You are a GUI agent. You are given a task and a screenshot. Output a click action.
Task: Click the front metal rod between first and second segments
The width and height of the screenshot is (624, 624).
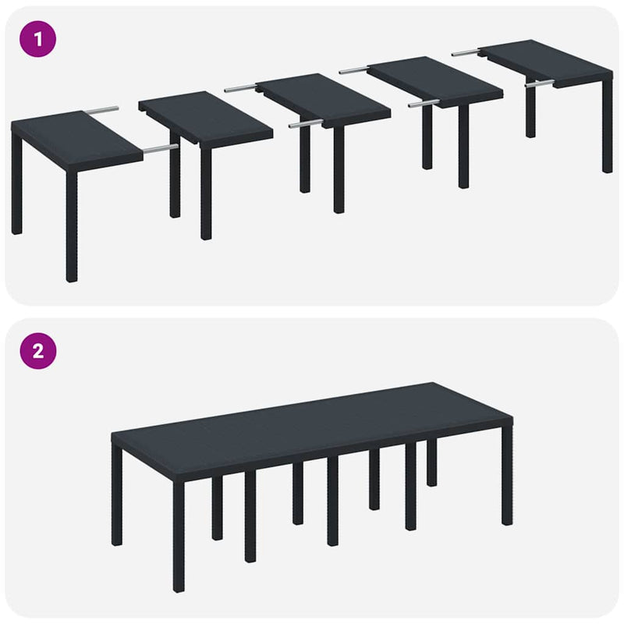pyautogui.click(x=160, y=146)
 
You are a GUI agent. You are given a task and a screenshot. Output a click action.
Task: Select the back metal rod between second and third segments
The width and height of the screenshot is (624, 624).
pyautogui.click(x=240, y=89)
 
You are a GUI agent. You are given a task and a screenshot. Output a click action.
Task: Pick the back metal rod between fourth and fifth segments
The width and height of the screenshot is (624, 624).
pyautogui.click(x=465, y=52)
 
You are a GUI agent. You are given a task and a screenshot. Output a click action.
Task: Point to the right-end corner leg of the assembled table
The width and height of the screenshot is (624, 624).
pyautogui.click(x=507, y=484)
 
